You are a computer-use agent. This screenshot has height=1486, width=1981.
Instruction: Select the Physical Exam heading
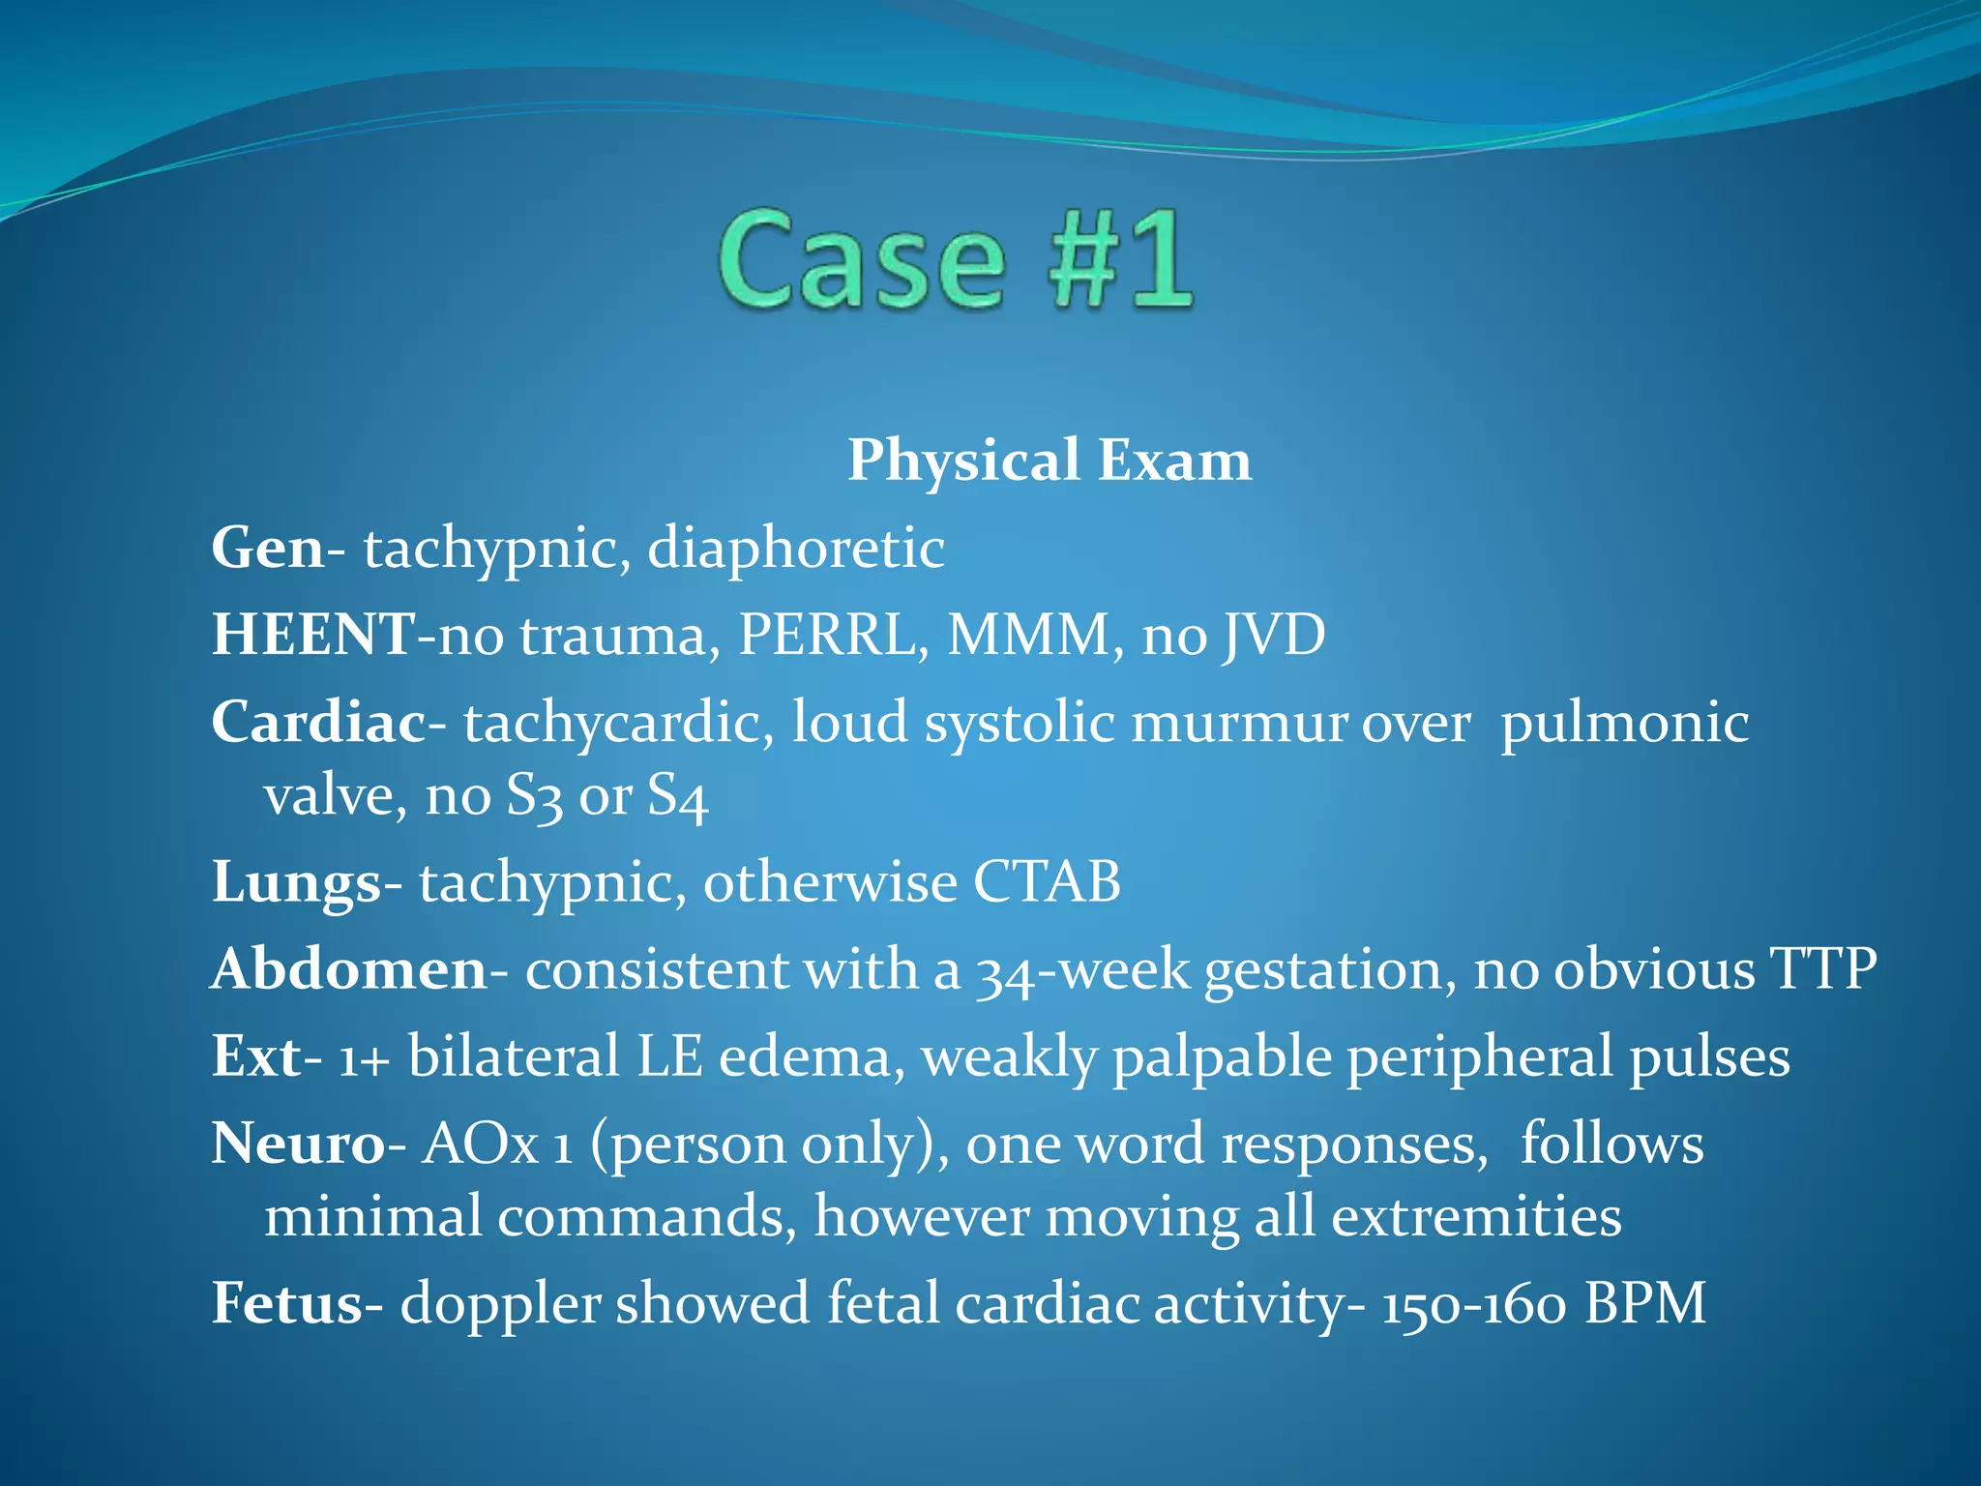pos(1050,460)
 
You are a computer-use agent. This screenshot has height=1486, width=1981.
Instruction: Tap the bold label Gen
pos(268,548)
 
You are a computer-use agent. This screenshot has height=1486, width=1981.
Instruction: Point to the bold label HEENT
pos(313,635)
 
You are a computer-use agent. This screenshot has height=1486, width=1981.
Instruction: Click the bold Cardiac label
pos(318,722)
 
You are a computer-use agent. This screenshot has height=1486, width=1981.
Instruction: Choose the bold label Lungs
pos(296,882)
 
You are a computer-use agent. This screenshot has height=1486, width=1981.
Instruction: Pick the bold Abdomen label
pos(349,968)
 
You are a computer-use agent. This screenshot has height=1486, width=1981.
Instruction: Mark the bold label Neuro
pos(298,1144)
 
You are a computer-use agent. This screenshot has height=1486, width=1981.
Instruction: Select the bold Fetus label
pos(287,1303)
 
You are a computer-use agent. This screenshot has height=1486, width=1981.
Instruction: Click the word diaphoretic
pos(795,548)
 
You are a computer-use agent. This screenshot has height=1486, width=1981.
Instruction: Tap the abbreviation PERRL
pos(826,635)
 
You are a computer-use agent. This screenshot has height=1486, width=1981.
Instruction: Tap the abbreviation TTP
pos(1822,968)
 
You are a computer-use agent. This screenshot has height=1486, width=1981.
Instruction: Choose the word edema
pos(805,1055)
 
